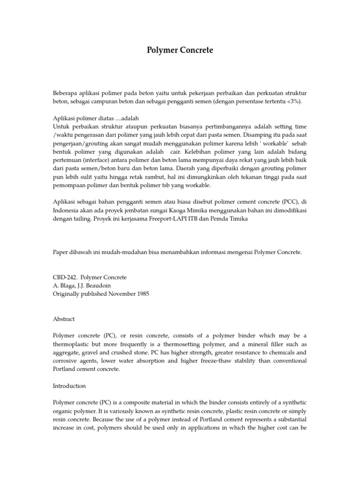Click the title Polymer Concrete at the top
(180, 50)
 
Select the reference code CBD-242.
(64, 277)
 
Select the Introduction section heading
(69, 386)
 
